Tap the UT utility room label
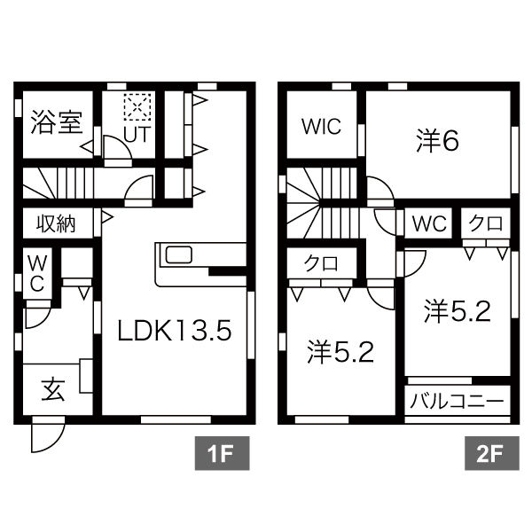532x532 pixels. click(x=136, y=135)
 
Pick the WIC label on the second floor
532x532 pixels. click(x=320, y=127)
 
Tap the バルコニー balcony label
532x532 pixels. click(x=458, y=402)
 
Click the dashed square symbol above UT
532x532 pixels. click(x=137, y=108)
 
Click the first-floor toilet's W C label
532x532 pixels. click(x=38, y=273)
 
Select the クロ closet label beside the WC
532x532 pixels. click(x=486, y=223)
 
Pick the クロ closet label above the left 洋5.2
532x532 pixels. click(x=320, y=263)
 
